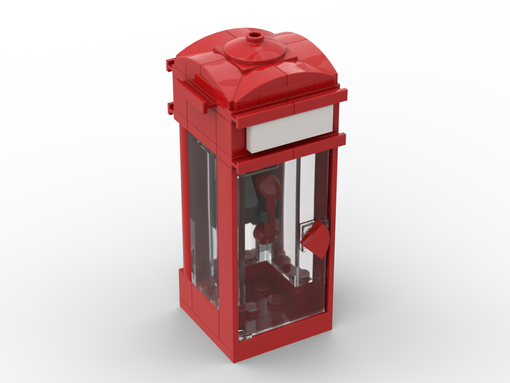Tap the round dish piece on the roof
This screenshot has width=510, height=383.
[x=255, y=49]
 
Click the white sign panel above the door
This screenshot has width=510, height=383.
[x=289, y=129]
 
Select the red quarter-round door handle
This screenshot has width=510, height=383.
[x=315, y=239]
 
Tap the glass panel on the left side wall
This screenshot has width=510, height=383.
[x=203, y=214]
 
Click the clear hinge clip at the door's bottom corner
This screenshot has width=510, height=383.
[x=244, y=334]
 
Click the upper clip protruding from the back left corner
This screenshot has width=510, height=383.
[x=170, y=65]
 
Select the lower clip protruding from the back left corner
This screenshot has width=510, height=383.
[x=171, y=107]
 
